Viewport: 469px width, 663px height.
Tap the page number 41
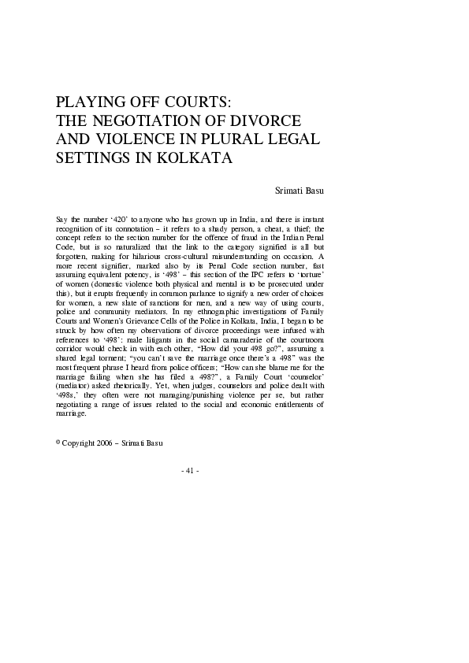[x=189, y=470]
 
